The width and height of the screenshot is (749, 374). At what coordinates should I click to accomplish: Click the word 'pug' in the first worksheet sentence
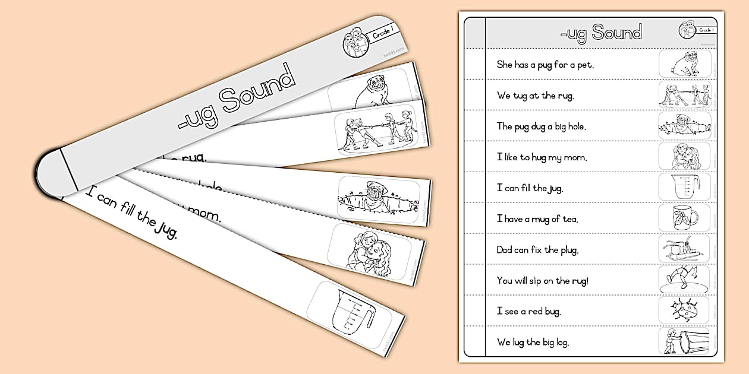point(545,65)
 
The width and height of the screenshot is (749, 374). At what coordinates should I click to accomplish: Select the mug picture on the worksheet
point(685,218)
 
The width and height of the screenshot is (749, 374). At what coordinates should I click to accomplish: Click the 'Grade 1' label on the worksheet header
point(706,30)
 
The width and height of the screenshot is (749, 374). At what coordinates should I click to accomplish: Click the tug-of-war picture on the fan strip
point(374,131)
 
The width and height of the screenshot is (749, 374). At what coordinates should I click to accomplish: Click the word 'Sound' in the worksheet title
point(616,33)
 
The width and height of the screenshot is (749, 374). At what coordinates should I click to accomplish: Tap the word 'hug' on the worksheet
point(538,157)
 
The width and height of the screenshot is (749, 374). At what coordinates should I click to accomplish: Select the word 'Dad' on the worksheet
point(505,250)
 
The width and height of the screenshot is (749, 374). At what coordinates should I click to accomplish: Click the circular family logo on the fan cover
point(355,46)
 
